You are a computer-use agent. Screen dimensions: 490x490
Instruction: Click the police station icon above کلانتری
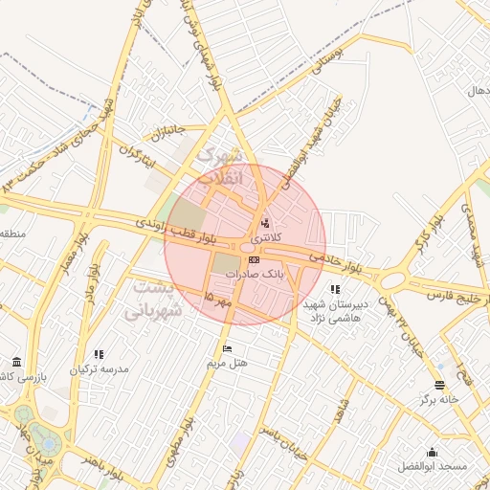tap(265, 222)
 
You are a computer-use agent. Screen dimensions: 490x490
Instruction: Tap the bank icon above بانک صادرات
tap(254, 259)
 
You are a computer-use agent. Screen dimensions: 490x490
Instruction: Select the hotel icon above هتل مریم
tap(227, 348)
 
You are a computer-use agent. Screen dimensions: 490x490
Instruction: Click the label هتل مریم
tap(227, 364)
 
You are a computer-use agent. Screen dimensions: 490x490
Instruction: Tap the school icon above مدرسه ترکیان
tap(99, 354)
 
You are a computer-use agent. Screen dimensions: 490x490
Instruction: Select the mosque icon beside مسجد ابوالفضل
tap(432, 452)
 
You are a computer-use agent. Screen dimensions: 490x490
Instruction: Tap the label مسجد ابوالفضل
tap(433, 466)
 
